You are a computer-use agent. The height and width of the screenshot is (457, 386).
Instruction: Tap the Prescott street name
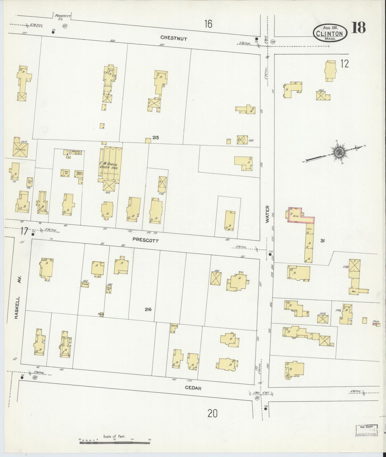tap(146, 240)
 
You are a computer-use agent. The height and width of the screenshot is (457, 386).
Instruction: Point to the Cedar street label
tap(193, 388)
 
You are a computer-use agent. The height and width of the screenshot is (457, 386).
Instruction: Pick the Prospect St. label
tap(63, 17)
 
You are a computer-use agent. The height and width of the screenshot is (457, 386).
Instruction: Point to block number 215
tap(155, 138)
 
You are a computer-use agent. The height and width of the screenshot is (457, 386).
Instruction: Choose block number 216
tap(148, 309)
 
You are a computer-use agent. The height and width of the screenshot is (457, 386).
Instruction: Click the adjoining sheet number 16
tap(208, 24)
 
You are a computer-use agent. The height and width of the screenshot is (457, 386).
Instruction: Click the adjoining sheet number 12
tap(345, 64)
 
